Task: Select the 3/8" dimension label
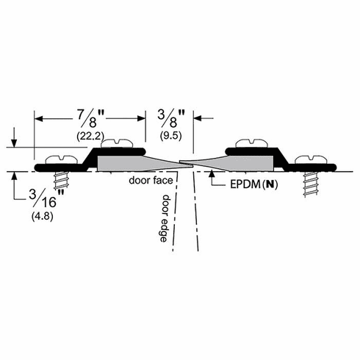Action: pyautogui.click(x=170, y=116)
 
